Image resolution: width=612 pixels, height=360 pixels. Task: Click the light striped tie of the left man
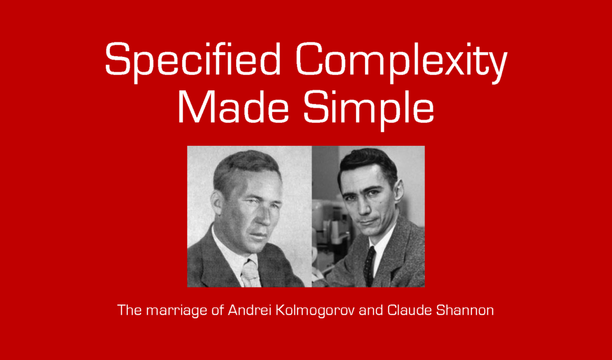pyautogui.click(x=250, y=273)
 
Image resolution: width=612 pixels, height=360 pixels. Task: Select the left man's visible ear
pyautogui.click(x=219, y=203)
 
